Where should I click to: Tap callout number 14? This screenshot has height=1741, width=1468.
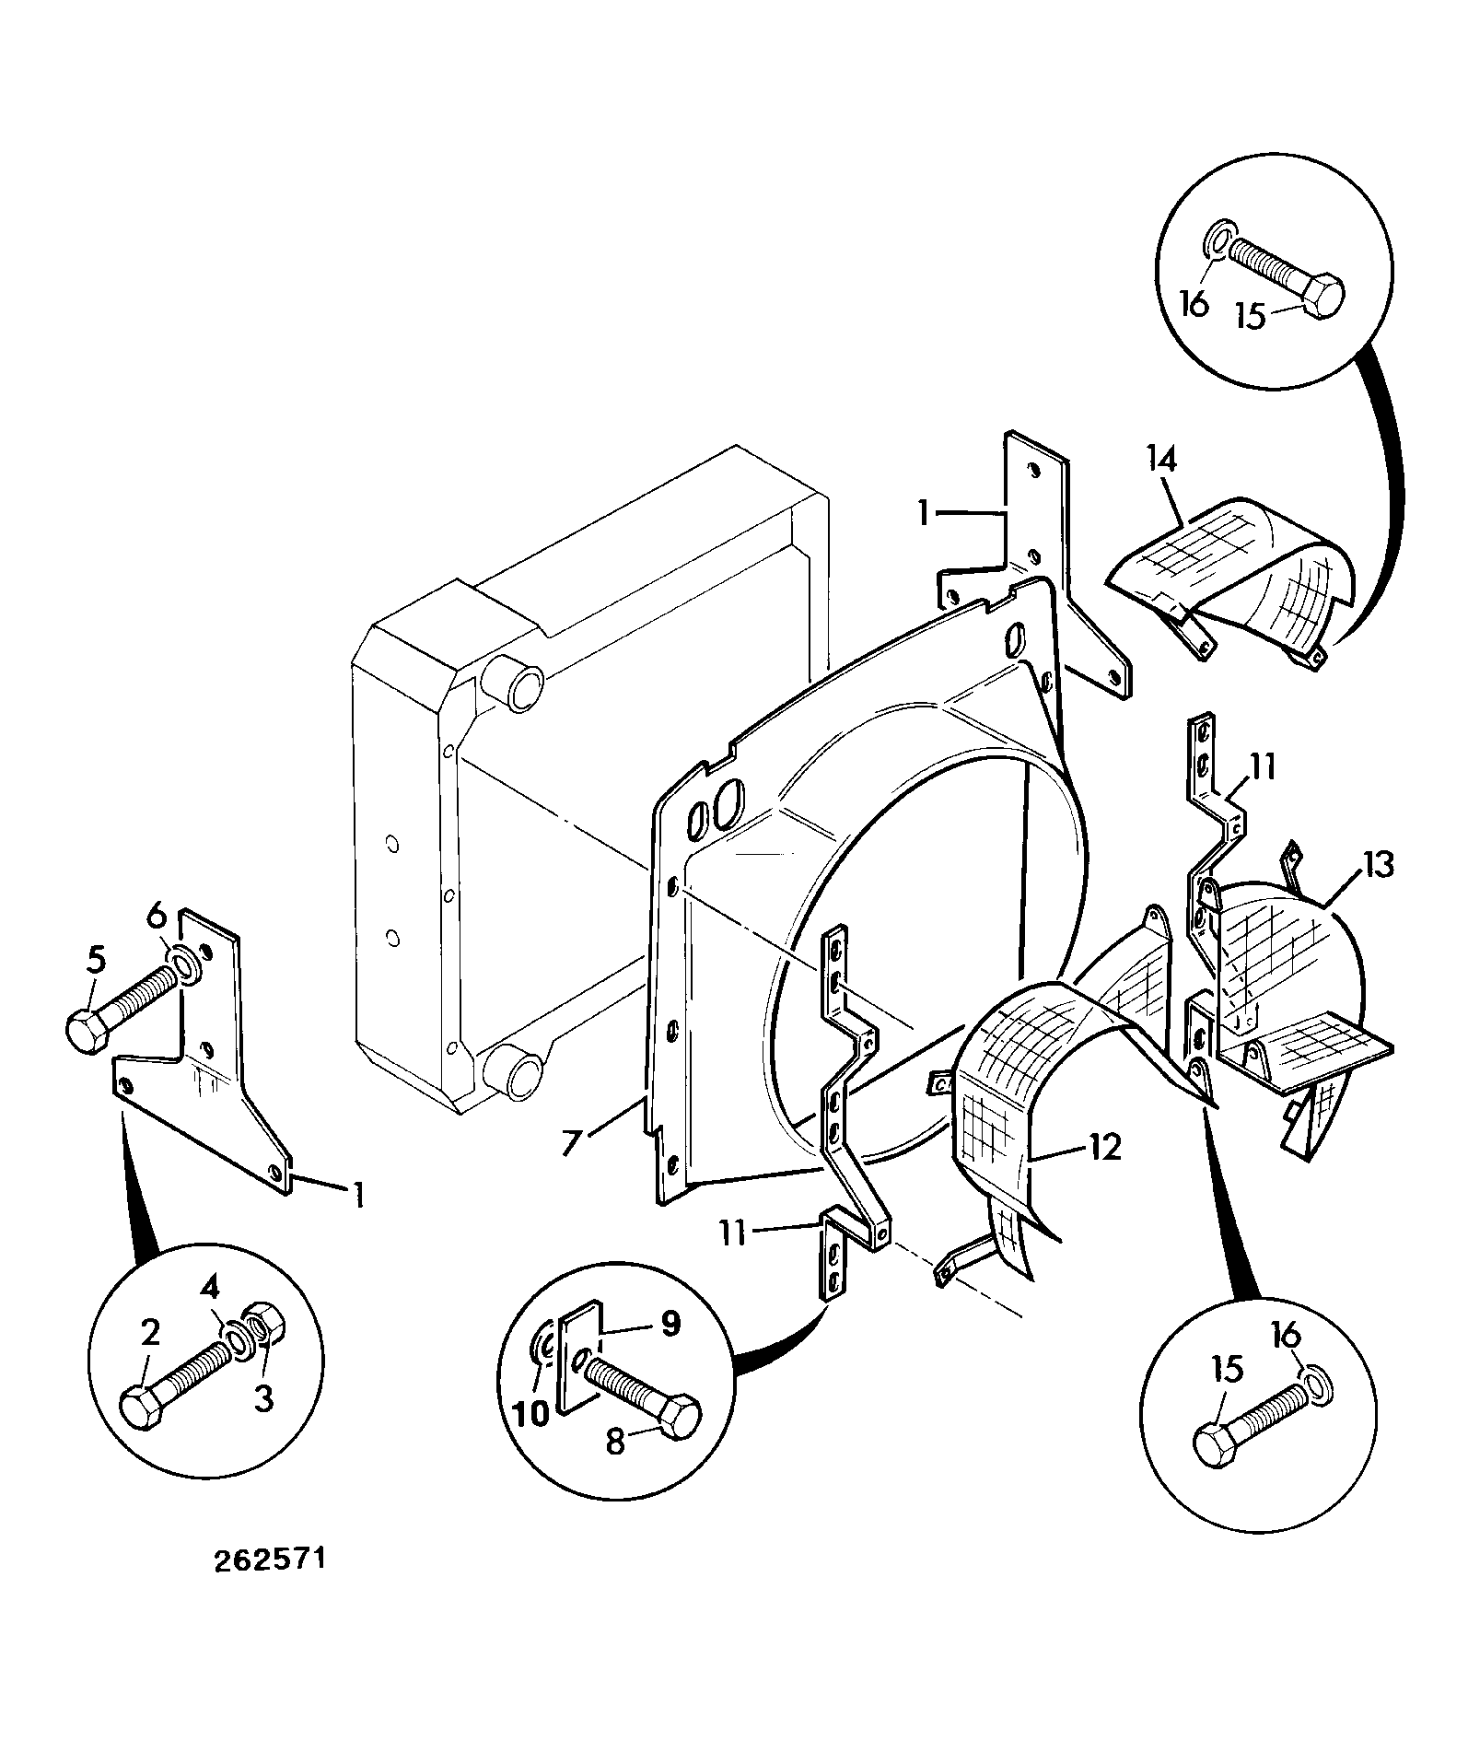[1161, 458]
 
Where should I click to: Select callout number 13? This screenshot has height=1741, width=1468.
[1378, 864]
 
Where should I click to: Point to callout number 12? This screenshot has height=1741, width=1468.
[1105, 1147]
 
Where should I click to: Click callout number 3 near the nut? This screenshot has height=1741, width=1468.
[263, 1399]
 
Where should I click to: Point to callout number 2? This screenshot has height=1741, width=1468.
[150, 1332]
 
